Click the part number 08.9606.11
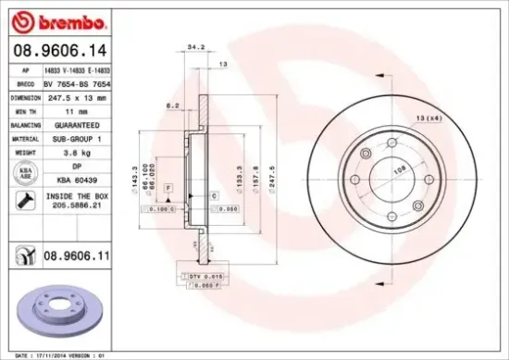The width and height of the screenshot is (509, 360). coord(73,251)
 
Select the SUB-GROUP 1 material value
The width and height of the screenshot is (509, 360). coord(72,136)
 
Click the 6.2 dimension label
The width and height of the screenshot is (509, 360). coord(172,106)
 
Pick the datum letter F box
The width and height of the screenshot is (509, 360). coord(169,188)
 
